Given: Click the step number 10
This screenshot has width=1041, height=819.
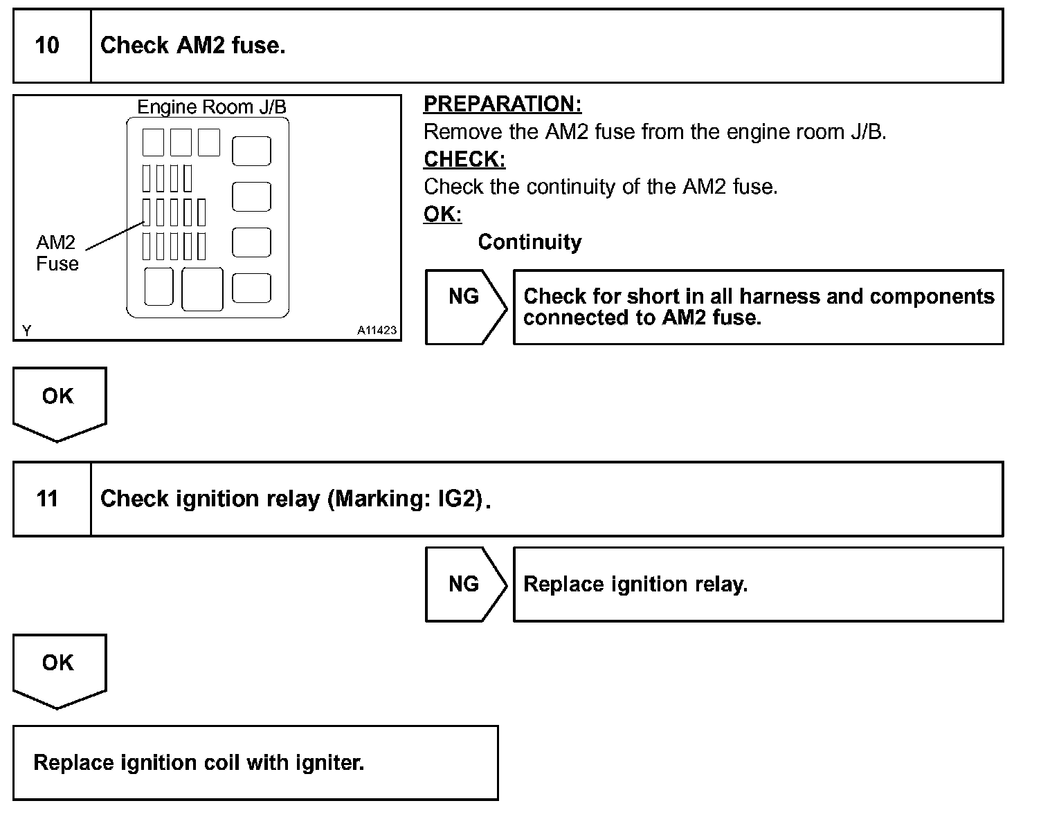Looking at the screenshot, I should (x=47, y=46).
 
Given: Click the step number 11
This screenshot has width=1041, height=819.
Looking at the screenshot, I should (x=47, y=499).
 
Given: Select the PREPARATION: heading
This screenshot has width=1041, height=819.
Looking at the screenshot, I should (x=503, y=104).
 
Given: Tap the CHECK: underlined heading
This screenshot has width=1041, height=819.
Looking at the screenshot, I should (x=464, y=159).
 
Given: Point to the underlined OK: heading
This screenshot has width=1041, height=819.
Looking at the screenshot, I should (x=442, y=214).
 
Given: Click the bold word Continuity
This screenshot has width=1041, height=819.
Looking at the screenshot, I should (x=529, y=242).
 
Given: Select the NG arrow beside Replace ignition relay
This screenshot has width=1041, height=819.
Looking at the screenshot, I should (x=464, y=585).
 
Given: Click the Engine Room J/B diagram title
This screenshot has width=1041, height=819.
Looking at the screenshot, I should (x=212, y=107).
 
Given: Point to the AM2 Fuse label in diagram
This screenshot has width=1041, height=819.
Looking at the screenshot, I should (x=57, y=253).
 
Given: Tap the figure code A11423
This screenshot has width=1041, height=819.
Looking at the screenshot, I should (x=377, y=331).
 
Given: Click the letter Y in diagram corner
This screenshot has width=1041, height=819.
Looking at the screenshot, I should (x=26, y=331).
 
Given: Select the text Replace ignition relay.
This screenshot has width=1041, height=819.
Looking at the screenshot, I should (x=635, y=585).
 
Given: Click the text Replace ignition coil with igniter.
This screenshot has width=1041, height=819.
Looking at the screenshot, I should (x=199, y=763).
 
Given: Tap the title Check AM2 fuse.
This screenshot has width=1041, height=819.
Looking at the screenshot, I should (x=192, y=46).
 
